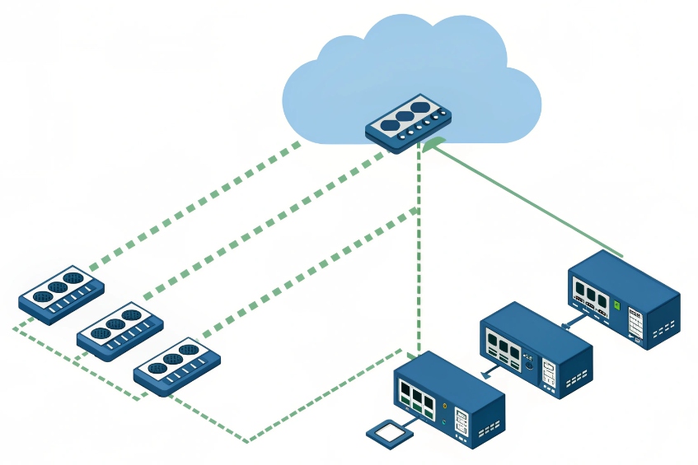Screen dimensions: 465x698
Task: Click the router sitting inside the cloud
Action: tap(410, 123)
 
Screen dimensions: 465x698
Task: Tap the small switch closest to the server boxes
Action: tap(177, 366)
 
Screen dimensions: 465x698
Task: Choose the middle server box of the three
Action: tap(536, 349)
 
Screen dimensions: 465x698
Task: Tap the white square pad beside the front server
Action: tap(388, 433)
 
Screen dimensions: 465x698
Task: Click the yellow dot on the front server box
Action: tap(446, 406)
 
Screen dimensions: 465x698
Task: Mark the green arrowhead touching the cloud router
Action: tap(432, 148)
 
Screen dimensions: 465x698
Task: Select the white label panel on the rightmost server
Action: tap(635, 323)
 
